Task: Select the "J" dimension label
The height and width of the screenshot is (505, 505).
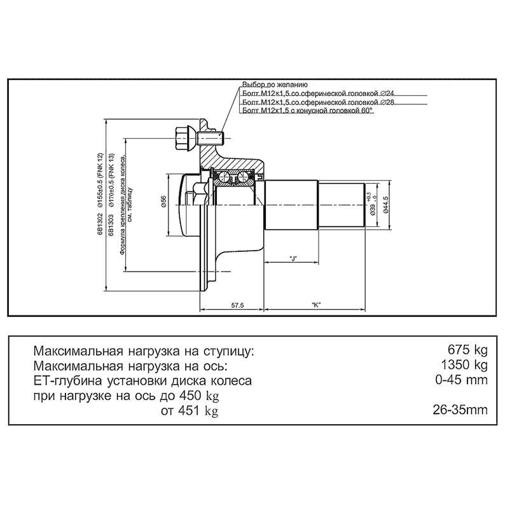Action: (x=293, y=258)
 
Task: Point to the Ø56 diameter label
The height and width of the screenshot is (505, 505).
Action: (x=163, y=202)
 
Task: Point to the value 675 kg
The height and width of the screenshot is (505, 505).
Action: (x=467, y=350)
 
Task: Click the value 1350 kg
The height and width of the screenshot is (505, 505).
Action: (x=464, y=365)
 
